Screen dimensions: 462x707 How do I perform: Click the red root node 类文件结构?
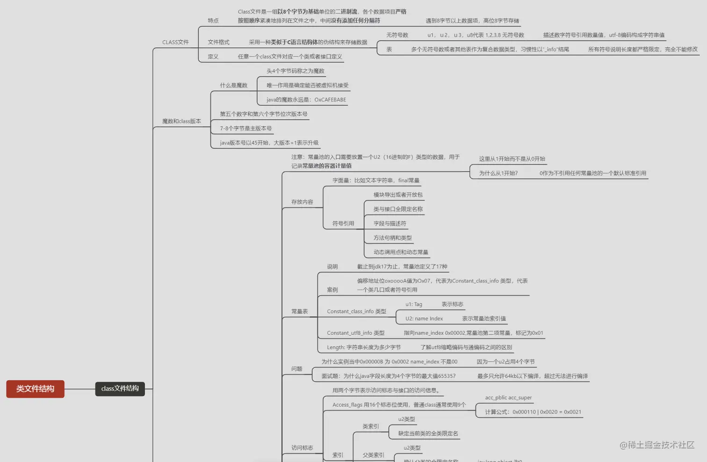click(35, 389)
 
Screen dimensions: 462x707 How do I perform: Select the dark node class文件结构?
click(120, 389)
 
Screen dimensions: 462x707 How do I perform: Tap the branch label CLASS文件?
click(175, 42)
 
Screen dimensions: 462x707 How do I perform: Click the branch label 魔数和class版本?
click(181, 121)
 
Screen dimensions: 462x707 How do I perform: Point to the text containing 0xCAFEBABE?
click(306, 100)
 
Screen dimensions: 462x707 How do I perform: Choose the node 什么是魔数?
click(233, 85)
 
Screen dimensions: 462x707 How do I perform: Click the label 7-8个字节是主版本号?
click(245, 128)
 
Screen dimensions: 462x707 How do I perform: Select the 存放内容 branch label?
click(302, 202)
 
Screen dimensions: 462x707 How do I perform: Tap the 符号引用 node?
click(343, 223)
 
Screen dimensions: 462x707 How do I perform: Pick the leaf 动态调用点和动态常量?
click(400, 252)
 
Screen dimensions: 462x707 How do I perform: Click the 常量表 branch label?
click(299, 311)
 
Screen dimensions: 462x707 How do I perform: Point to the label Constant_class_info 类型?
click(356, 311)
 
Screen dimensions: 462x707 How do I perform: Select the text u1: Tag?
click(413, 304)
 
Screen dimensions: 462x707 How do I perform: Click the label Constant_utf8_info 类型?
click(355, 333)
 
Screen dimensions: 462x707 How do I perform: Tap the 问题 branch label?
click(296, 369)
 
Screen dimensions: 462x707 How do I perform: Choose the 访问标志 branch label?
click(302, 448)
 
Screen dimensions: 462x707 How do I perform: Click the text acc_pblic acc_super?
click(508, 398)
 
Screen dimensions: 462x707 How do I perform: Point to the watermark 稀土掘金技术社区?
click(657, 445)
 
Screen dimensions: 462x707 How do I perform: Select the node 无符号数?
click(397, 35)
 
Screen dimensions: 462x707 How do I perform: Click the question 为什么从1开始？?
click(498, 173)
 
